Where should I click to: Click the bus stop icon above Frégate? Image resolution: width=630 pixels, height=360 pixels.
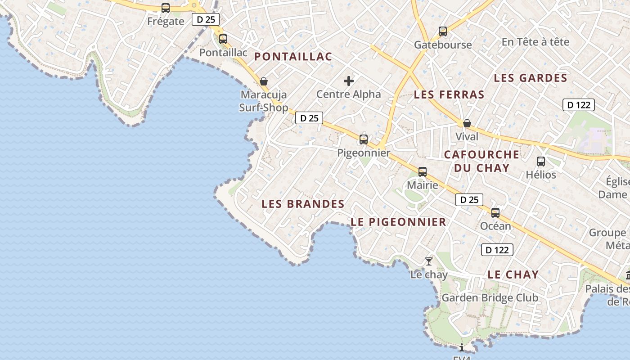pyautogui.click(x=166, y=8)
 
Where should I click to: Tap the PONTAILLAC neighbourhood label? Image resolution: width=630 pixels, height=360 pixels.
pyautogui.click(x=293, y=57)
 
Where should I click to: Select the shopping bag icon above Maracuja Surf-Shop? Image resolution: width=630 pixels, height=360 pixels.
pyautogui.click(x=264, y=81)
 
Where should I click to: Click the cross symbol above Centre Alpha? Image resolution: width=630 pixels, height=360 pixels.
pyautogui.click(x=349, y=81)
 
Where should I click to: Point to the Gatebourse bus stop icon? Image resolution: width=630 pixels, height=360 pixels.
pyautogui.click(x=443, y=31)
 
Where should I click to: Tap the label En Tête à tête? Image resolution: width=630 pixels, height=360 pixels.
pyautogui.click(x=535, y=42)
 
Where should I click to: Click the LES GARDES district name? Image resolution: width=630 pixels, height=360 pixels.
pyautogui.click(x=531, y=78)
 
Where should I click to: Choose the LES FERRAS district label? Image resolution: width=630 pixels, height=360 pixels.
pyautogui.click(x=449, y=95)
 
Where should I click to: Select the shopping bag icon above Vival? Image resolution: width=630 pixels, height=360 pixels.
pyautogui.click(x=467, y=123)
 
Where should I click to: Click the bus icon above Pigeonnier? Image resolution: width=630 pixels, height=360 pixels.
pyautogui.click(x=364, y=139)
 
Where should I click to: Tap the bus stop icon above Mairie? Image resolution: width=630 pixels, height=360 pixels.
pyautogui.click(x=423, y=172)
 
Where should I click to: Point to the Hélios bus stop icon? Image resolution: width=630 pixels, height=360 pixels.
pyautogui.click(x=541, y=162)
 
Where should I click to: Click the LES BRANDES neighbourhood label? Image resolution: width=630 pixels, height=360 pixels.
pyautogui.click(x=303, y=204)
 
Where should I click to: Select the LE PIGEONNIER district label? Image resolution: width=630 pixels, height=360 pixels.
pyautogui.click(x=398, y=222)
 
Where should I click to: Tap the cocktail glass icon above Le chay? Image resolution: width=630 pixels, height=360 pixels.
pyautogui.click(x=429, y=261)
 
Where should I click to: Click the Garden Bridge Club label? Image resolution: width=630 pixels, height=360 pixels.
pyautogui.click(x=490, y=298)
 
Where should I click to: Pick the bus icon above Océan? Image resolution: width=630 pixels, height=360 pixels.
pyautogui.click(x=495, y=213)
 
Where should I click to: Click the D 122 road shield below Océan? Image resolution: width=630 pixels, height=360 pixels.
pyautogui.click(x=497, y=250)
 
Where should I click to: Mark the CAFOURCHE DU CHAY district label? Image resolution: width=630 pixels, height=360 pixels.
pyautogui.click(x=481, y=161)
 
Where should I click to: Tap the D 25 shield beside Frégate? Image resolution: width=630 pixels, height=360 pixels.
pyautogui.click(x=206, y=19)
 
